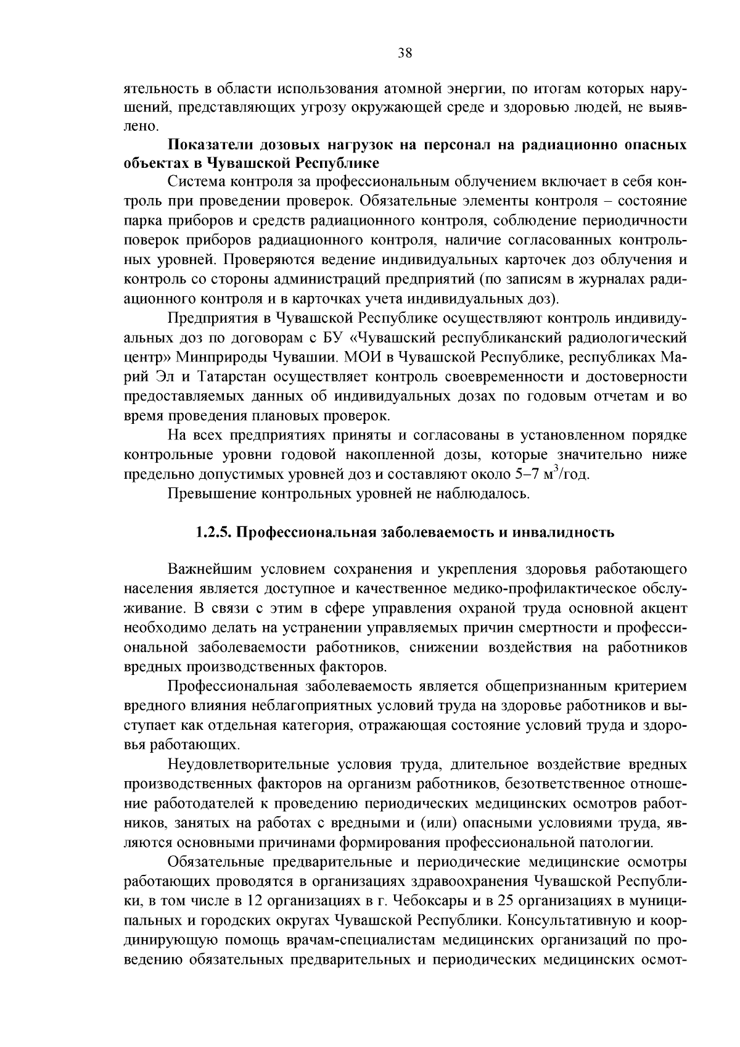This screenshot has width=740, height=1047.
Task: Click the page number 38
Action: click(405, 53)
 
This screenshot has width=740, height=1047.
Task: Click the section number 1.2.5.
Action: click(213, 532)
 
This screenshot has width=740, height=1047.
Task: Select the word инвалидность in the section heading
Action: click(573, 532)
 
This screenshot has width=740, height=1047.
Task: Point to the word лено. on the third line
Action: click(141, 126)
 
